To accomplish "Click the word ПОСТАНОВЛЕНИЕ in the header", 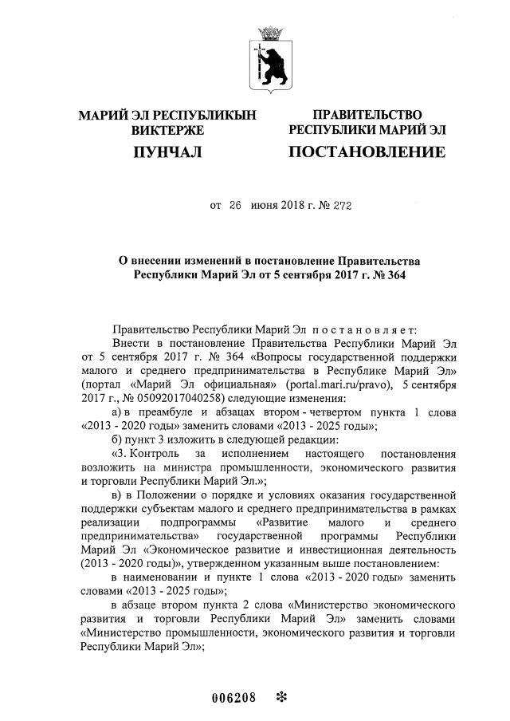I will click(x=367, y=152).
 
